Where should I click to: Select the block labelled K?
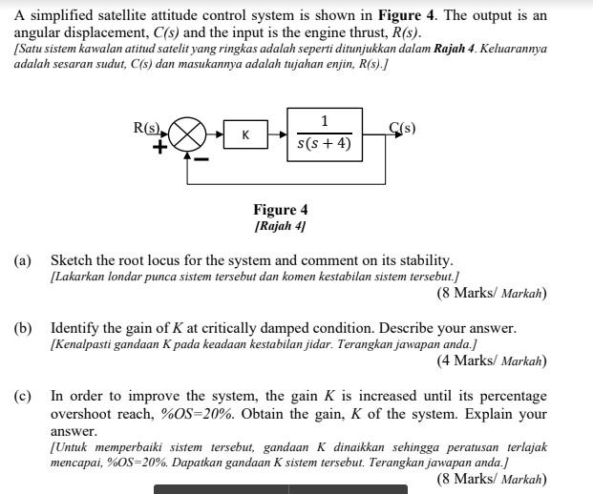coord(245,135)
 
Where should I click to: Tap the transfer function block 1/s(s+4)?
coord(324,134)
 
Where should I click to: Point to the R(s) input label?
coord(147,127)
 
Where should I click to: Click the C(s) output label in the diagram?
coord(402,128)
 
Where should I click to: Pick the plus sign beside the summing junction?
coord(160,148)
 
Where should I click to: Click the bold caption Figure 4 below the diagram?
coord(280,210)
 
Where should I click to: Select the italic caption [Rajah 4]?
coord(280,226)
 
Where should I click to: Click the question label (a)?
coord(22,260)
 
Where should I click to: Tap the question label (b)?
coord(22,328)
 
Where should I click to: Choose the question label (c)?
coord(22,396)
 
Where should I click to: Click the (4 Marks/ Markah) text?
coord(491,361)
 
